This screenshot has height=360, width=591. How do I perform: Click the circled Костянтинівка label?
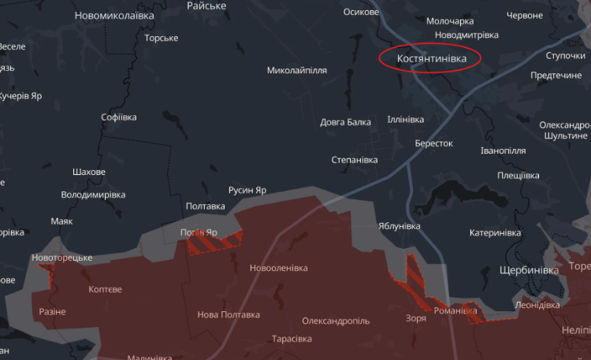click(432, 59)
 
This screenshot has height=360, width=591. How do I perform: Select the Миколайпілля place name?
click(297, 70)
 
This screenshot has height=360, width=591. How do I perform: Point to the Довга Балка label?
click(345, 122)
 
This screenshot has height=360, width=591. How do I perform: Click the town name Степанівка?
click(355, 160)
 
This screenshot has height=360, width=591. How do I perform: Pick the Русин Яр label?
click(247, 191)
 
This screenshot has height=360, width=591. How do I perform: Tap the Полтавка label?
click(205, 206)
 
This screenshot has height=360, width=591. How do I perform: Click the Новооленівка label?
click(278, 269)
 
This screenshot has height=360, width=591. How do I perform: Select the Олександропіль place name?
click(336, 321)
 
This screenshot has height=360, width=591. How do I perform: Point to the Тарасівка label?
click(292, 339)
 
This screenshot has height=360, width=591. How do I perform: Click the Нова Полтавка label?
click(229, 315)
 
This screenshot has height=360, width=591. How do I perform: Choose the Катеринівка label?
click(495, 233)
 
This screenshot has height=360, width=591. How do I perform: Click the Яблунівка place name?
click(400, 226)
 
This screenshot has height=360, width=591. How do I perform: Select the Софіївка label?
click(119, 117)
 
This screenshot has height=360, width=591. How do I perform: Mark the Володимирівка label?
click(93, 195)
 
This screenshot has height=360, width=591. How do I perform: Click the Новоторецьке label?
click(62, 258)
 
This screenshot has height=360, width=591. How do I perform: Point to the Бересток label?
click(434, 143)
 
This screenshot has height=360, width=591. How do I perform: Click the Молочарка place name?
click(450, 21)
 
